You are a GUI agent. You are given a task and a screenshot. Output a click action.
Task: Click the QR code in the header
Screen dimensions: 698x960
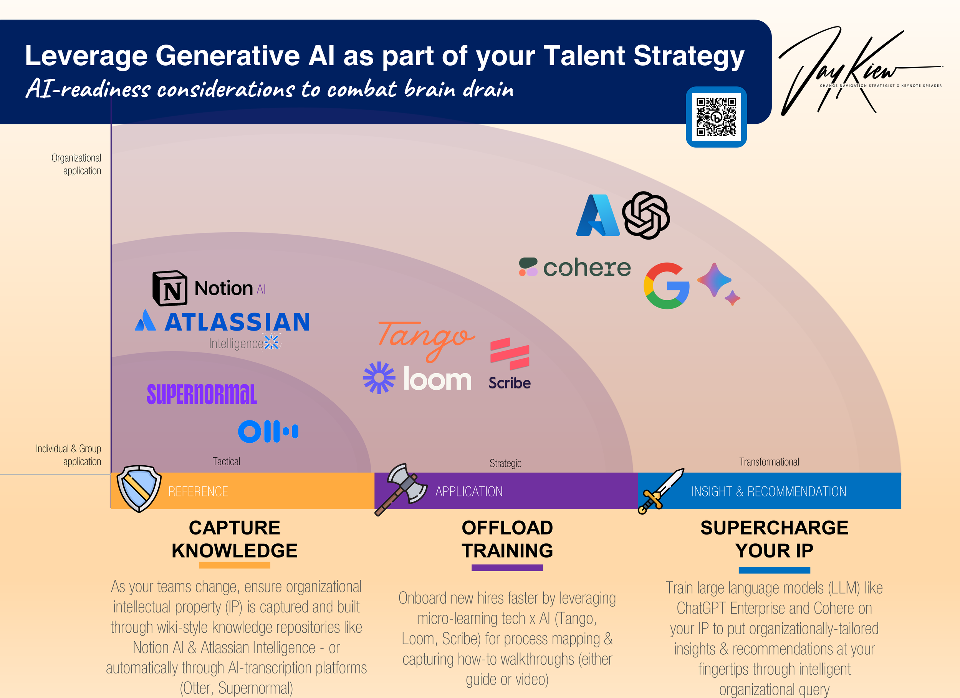[x=716, y=117]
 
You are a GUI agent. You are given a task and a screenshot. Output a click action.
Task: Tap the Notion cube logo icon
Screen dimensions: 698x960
[x=170, y=288]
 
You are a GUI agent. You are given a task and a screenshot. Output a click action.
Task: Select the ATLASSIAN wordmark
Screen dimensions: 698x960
[x=237, y=322]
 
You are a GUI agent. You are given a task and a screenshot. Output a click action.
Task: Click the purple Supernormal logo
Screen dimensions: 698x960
[x=202, y=394]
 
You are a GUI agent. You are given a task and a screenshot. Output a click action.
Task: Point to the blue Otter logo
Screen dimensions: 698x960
[x=268, y=431]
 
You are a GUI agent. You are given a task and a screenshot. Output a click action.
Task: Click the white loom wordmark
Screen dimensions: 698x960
[x=437, y=379]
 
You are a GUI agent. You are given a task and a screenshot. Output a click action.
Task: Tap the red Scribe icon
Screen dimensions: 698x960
[x=510, y=354]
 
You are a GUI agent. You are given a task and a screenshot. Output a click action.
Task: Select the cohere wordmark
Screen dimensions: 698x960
[x=587, y=268]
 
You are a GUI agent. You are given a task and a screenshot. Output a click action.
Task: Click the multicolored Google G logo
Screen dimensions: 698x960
[x=666, y=286]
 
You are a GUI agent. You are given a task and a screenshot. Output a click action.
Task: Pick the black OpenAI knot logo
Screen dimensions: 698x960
[x=646, y=215]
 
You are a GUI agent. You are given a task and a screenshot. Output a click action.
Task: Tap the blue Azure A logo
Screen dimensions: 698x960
[x=598, y=215]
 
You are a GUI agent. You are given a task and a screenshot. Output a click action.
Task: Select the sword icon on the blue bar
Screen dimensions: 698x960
[x=661, y=491]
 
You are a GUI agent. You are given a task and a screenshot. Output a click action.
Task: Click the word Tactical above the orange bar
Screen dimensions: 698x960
[x=226, y=461]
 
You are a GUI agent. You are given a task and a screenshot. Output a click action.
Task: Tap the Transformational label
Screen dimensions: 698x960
[x=769, y=462]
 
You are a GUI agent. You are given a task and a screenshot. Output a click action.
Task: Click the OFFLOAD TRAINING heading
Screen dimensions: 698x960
[x=507, y=539]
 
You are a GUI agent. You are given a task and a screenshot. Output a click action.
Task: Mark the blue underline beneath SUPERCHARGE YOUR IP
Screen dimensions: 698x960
[x=774, y=570]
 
